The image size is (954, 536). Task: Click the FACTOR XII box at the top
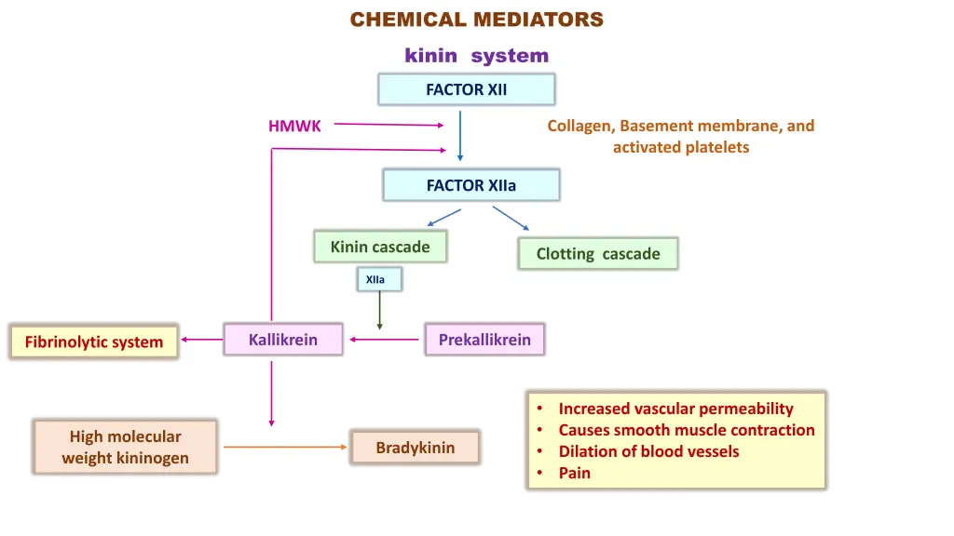(466, 89)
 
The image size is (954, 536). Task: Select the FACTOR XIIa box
(470, 185)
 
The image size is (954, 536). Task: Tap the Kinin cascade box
(380, 247)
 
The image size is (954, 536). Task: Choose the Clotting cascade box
(597, 254)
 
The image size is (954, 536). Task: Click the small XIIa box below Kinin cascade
(378, 279)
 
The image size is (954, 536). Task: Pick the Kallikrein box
(283, 340)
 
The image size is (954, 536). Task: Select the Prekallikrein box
(484, 340)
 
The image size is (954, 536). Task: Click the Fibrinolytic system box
(93, 342)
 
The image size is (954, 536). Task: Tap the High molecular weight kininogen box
(125, 447)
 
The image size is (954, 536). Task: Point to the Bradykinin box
(415, 448)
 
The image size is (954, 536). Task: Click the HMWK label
(294, 127)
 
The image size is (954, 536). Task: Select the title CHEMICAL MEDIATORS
(476, 20)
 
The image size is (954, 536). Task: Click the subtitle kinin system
(476, 56)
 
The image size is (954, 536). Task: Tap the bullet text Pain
(574, 473)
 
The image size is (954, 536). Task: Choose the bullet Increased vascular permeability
(675, 409)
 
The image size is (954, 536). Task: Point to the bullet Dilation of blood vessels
(648, 451)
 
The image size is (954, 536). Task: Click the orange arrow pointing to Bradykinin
(284, 448)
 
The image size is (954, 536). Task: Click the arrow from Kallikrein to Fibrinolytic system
(201, 341)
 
